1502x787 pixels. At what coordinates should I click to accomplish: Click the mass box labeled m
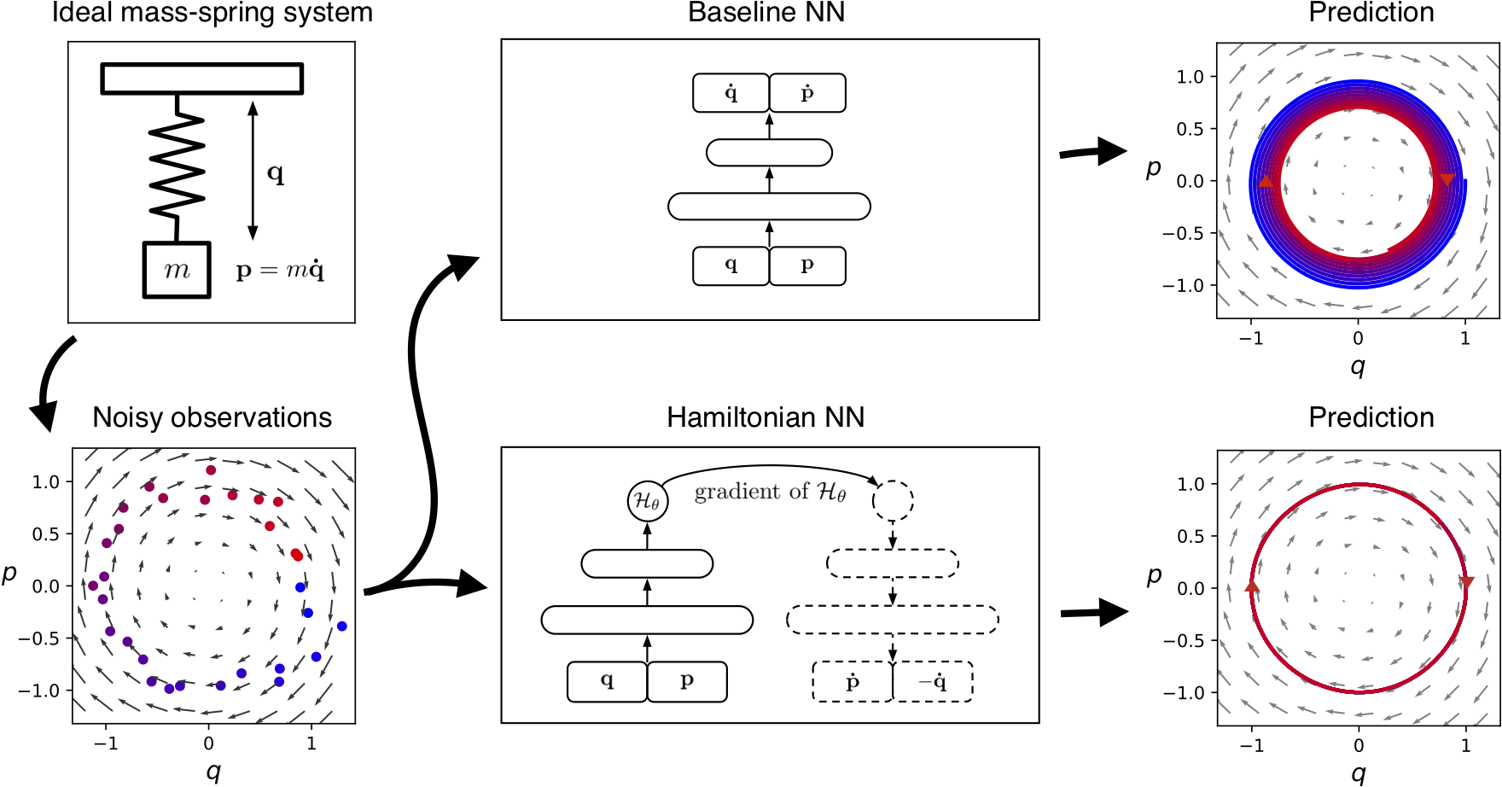point(177,270)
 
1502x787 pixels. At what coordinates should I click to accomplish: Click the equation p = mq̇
point(280,271)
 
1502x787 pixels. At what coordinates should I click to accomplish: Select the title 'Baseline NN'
point(766,13)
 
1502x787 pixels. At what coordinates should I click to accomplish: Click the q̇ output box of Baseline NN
point(731,93)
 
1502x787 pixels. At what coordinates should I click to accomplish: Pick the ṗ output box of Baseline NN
point(807,93)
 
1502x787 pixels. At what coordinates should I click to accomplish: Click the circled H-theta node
point(647,501)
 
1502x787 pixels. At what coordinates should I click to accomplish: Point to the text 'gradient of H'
point(770,492)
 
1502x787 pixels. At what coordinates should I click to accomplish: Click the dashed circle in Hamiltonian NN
point(893,501)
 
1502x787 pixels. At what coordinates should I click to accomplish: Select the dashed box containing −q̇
point(933,682)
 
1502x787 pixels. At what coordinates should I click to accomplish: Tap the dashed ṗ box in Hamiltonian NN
point(853,682)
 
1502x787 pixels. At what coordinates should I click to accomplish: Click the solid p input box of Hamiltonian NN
point(687,682)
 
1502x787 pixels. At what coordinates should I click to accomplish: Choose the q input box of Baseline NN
point(731,265)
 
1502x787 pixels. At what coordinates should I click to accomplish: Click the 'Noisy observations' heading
point(212,417)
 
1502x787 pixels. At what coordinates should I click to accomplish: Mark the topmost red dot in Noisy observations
point(211,470)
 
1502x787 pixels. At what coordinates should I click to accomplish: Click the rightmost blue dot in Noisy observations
point(342,627)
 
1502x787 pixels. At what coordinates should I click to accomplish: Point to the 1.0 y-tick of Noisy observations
point(46,482)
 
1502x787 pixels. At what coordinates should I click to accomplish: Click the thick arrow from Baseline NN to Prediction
point(1093,152)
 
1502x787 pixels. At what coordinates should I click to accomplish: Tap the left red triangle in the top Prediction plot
point(1266,181)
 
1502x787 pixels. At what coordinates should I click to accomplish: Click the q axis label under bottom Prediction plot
point(1359,772)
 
